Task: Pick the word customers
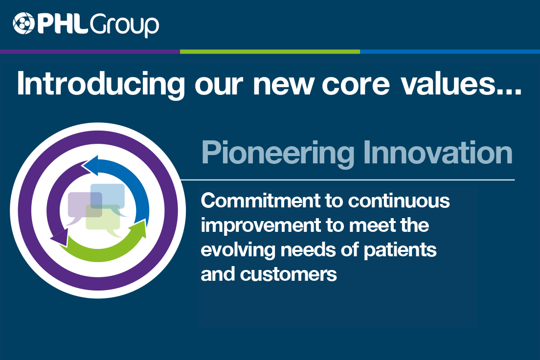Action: tap(289, 274)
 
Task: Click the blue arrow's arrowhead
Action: tap(90, 166)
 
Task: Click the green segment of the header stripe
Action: tap(270, 51)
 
